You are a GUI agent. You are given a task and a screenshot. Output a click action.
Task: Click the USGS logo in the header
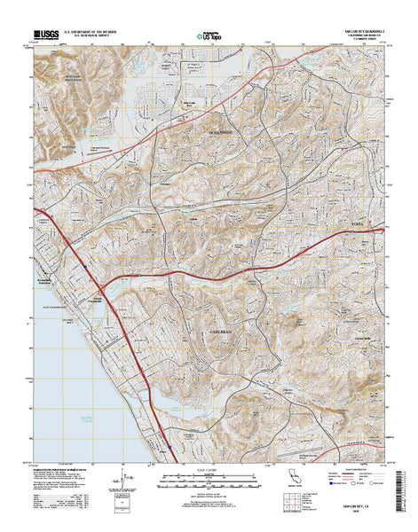point(48,35)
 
